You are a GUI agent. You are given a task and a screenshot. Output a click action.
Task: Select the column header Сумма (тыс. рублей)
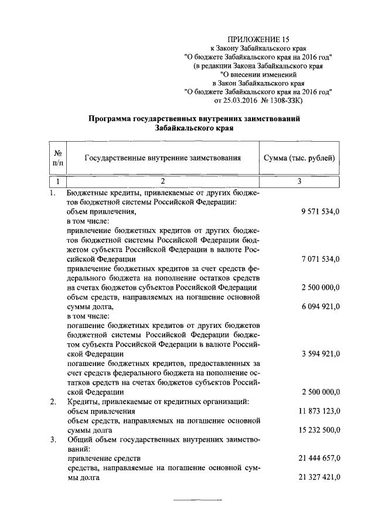point(299,158)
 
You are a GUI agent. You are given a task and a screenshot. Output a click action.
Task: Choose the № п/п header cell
point(58,158)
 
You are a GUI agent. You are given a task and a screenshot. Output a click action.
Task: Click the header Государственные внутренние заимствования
point(163,158)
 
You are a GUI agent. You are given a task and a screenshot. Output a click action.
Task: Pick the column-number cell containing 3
point(299,182)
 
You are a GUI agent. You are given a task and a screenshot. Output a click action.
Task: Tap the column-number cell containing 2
point(163,182)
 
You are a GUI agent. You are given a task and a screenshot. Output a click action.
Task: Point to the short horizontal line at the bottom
point(197,501)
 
